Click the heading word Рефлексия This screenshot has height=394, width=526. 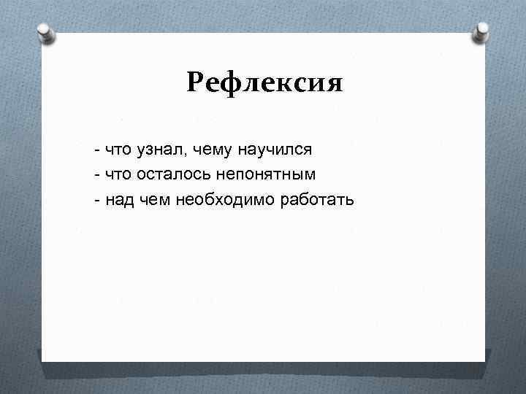tap(264, 83)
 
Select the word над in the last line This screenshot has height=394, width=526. tap(119, 199)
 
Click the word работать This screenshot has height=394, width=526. tap(317, 199)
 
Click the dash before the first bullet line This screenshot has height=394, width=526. tap(96, 151)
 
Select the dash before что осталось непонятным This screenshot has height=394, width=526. tap(96, 175)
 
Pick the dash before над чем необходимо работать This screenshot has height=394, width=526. tap(96, 200)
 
